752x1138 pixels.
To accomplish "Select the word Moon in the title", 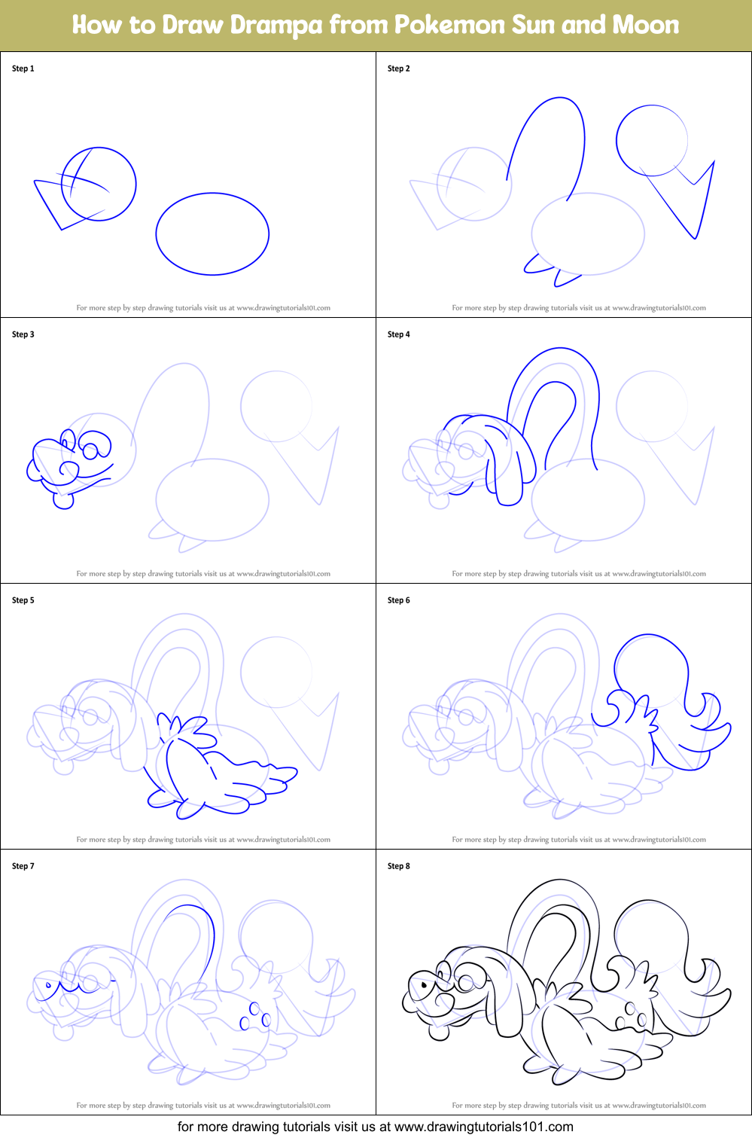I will pos(645,26).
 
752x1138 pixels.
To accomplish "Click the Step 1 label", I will pos(23,69).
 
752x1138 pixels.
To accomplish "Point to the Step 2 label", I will pos(399,69).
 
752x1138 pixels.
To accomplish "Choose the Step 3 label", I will pos(23,334).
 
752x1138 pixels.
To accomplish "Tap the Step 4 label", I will pos(399,334).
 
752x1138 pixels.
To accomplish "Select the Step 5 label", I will pos(23,600).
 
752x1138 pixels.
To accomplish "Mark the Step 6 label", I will pos(399,600).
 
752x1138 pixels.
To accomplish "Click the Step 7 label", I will pos(23,866).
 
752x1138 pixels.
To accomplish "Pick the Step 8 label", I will pos(399,866).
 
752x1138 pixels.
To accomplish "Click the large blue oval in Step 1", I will pos(212,234).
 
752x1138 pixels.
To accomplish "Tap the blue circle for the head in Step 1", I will pos(99,184).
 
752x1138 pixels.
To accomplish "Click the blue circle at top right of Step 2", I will pos(652,141).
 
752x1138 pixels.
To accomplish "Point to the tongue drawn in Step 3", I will pos(63,500).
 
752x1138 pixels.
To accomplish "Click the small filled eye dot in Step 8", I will pos(424,984).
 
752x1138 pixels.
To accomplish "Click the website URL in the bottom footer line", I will pos(483,1127).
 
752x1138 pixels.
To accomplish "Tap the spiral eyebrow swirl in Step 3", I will pos(96,446).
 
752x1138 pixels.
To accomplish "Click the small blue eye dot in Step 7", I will pos(49,984).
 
